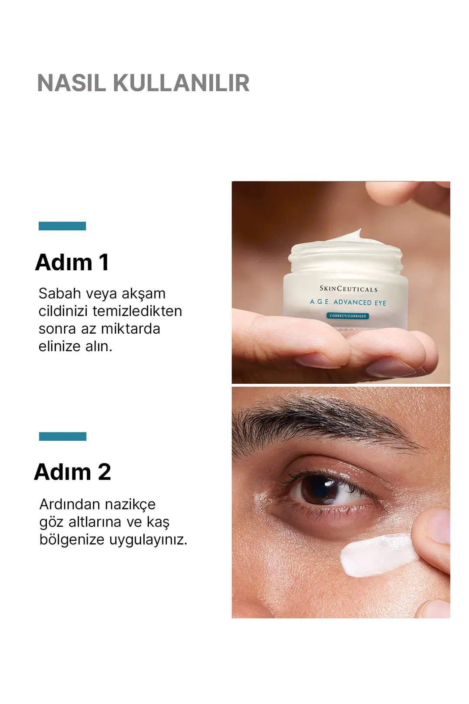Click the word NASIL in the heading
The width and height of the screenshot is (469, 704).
click(x=71, y=83)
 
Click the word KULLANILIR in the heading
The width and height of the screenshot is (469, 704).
click(x=181, y=83)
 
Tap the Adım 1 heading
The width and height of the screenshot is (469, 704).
click(x=72, y=262)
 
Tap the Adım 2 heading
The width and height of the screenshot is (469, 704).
click(x=73, y=472)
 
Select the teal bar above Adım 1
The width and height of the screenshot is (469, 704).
click(x=62, y=226)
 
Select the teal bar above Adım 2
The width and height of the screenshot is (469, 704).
click(x=63, y=436)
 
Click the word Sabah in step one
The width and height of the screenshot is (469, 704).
click(x=60, y=294)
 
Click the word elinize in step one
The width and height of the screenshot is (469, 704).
click(x=59, y=346)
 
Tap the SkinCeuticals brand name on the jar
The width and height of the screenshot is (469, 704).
click(x=348, y=289)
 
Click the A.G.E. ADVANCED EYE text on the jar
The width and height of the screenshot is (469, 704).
click(x=348, y=302)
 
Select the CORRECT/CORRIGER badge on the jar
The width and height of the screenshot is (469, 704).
click(x=348, y=316)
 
